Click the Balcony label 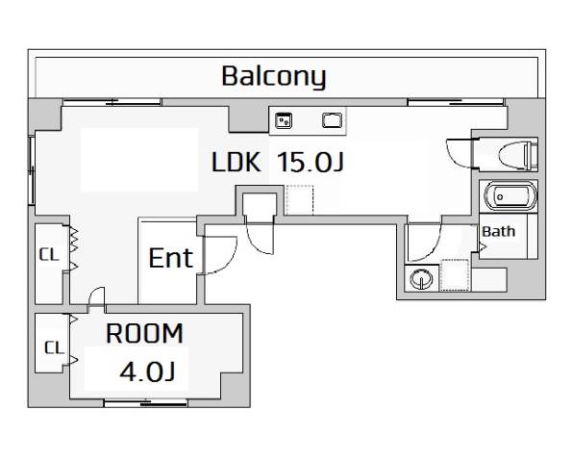(274, 77)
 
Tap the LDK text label (236, 162)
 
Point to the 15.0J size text (311, 162)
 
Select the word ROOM (144, 333)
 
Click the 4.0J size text (147, 372)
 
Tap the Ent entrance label (170, 258)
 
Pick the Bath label (498, 232)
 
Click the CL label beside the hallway (49, 254)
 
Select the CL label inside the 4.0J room (54, 347)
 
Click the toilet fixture (518, 156)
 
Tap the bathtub (510, 196)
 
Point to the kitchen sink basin (333, 120)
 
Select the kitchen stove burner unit (284, 120)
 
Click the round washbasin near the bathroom (422, 279)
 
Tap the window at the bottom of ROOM (146, 403)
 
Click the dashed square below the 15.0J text (300, 200)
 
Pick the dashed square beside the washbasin (455, 275)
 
